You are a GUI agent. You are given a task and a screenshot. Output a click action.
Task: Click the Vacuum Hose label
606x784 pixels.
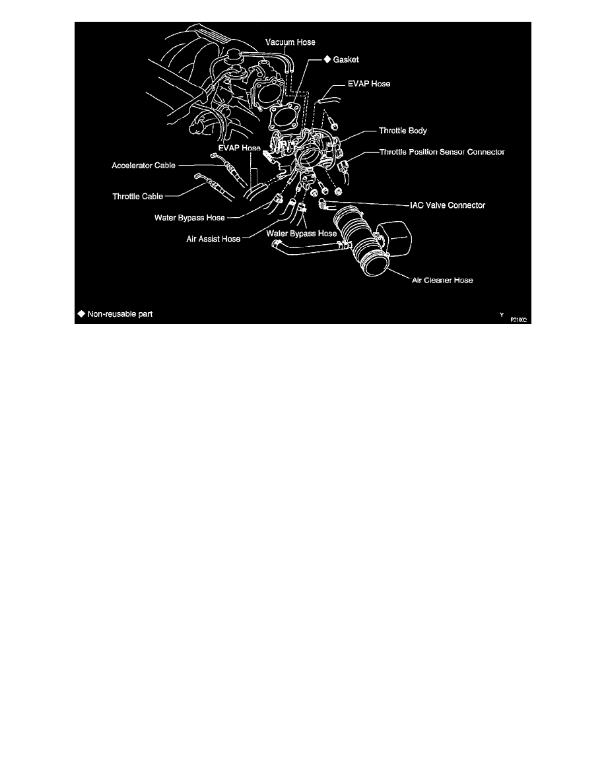tap(290, 42)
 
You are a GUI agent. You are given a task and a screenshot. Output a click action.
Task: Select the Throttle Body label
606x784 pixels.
tap(403, 131)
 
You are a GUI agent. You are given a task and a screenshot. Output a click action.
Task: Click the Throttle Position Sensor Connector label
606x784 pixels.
tap(442, 152)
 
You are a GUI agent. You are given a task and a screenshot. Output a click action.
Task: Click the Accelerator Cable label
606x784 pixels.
tap(143, 166)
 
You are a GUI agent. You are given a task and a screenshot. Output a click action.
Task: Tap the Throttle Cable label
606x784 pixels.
tap(137, 195)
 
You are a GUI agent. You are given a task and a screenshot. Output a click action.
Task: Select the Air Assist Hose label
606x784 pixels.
tap(213, 239)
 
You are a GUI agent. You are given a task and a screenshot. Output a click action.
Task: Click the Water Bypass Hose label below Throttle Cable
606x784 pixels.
tap(189, 217)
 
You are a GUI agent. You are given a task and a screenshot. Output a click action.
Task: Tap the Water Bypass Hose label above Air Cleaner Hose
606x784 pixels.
tap(301, 233)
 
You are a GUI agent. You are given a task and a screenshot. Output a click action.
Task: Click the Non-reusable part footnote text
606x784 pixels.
tap(119, 313)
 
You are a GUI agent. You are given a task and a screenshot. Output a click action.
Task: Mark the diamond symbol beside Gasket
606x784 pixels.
tap(326, 59)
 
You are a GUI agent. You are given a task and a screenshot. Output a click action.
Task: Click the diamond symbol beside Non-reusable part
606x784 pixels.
tap(81, 313)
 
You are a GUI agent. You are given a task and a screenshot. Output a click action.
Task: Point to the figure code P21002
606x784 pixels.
tap(519, 319)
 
